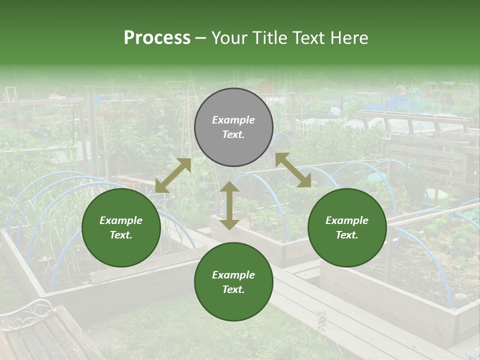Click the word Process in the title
click(157, 38)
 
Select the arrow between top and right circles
click(293, 170)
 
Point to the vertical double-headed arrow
click(229, 205)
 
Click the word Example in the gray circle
click(233, 120)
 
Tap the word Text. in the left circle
click(121, 235)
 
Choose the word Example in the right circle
click(347, 220)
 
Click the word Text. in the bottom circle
click(233, 289)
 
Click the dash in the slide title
click(201, 38)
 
